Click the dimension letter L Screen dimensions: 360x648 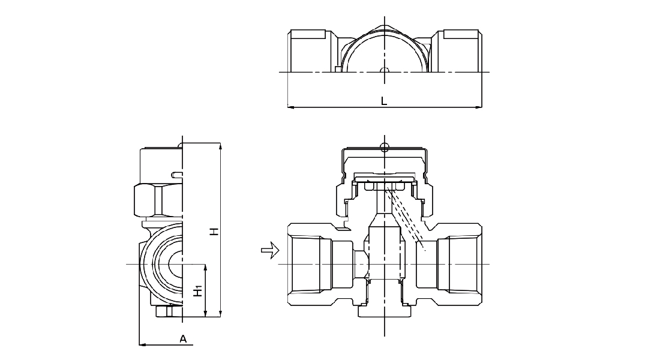point(384,101)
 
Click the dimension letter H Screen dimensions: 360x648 point(214,231)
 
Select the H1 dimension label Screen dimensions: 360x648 point(197,292)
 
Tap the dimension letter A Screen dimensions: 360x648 point(184,339)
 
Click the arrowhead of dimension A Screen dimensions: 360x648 point(143,344)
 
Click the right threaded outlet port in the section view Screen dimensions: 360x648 point(459,265)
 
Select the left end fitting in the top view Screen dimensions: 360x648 point(310,50)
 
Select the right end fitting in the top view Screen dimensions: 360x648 point(459,50)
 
